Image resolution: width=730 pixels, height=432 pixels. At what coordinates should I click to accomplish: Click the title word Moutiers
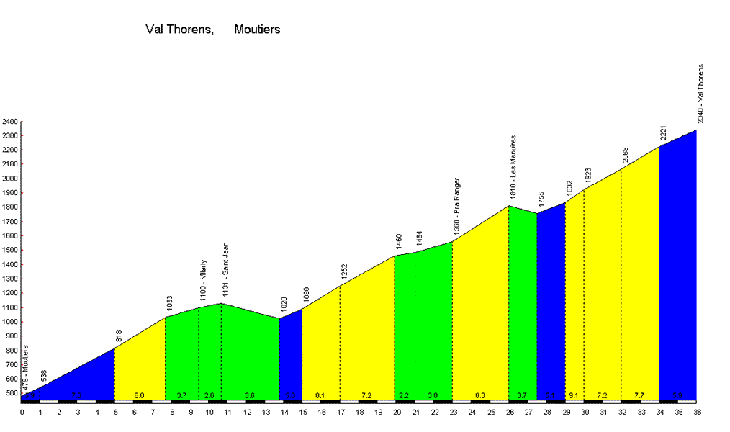(x=257, y=30)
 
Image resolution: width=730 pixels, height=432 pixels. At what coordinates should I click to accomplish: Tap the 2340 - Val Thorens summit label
(x=700, y=94)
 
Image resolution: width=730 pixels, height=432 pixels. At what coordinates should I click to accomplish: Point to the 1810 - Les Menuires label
(x=513, y=167)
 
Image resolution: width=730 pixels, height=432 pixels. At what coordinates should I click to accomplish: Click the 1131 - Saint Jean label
(x=225, y=269)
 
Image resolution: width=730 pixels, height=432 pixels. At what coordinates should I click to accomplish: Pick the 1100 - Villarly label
(x=203, y=280)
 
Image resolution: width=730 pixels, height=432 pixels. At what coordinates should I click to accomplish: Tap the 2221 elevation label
(x=664, y=133)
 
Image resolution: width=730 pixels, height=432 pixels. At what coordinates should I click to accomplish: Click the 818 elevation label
(x=120, y=336)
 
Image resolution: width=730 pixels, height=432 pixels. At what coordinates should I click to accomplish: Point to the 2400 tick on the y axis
(x=9, y=122)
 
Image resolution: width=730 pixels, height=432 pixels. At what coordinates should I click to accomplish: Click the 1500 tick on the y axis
(x=9, y=251)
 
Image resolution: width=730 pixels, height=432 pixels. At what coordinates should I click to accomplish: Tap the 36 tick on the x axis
(x=697, y=412)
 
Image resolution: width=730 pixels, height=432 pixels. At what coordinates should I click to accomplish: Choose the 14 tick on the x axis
(x=284, y=412)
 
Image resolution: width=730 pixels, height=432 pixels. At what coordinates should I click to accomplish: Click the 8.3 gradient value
(x=480, y=396)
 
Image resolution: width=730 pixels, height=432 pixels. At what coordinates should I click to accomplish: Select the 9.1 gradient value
(x=574, y=396)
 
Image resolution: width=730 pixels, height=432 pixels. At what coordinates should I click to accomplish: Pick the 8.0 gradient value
(x=140, y=396)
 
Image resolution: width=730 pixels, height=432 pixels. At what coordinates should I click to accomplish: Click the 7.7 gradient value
(x=640, y=396)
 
